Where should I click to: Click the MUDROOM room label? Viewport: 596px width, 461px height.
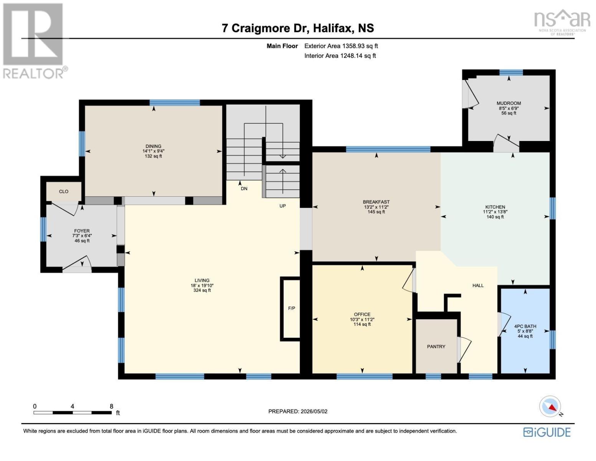click(508, 103)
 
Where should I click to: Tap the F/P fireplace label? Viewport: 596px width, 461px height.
click(292, 308)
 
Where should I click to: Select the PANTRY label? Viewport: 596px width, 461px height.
click(436, 347)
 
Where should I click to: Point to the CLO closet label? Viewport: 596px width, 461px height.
click(64, 191)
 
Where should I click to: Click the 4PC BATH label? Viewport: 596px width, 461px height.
click(525, 326)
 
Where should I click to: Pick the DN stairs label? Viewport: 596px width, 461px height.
click(244, 189)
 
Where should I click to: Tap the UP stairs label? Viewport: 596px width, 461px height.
click(282, 206)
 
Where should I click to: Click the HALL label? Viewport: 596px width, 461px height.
click(478, 285)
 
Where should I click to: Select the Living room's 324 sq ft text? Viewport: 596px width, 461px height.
click(202, 290)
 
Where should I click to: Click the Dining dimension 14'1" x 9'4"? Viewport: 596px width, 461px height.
click(154, 151)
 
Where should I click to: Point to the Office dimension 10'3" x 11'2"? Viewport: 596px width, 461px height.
click(362, 319)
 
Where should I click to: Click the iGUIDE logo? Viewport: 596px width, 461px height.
click(547, 432)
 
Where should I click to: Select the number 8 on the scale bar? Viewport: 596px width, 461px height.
click(111, 406)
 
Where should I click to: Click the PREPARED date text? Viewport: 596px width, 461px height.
click(298, 411)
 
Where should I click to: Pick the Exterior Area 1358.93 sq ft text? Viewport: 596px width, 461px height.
click(341, 46)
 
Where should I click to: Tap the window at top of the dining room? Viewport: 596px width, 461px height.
click(175, 103)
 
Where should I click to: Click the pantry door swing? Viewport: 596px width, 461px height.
click(464, 350)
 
